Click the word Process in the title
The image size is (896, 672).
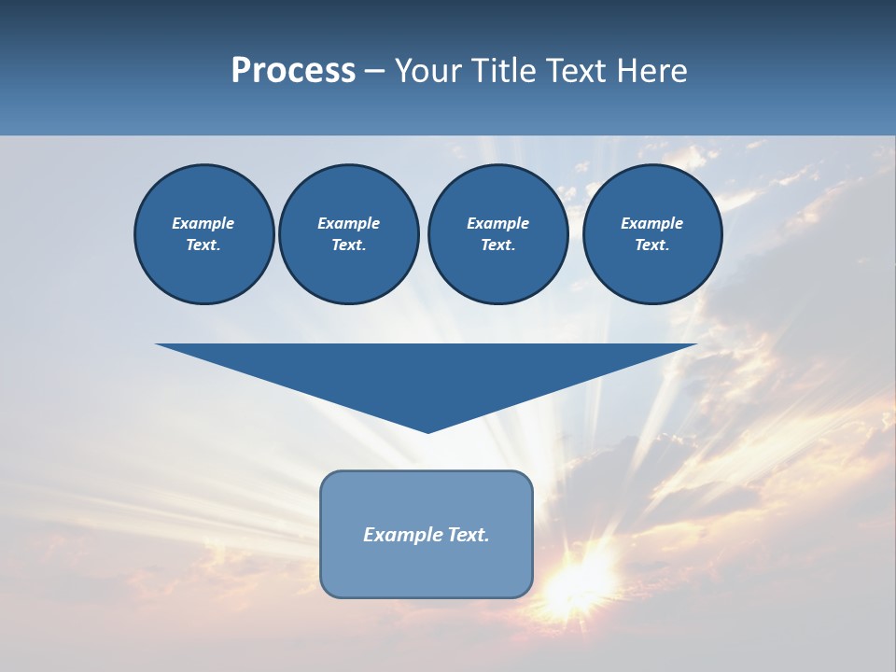293,71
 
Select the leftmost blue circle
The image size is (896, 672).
203,234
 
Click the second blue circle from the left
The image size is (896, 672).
348,234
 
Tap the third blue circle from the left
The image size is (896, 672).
497,234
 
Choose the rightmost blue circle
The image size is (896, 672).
651,234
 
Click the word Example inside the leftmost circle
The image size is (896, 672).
203,223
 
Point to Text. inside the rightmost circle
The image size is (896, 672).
651,245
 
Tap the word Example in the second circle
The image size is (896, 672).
348,223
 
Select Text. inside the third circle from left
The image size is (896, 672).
497,245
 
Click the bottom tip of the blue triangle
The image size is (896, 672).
427,431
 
